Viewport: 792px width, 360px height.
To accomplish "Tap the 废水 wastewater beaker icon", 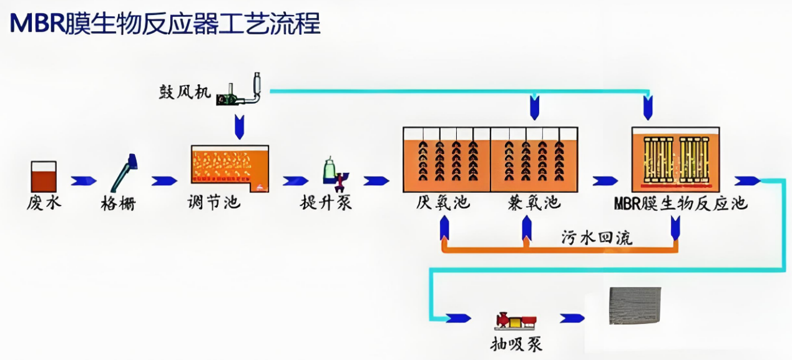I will click(x=44, y=177).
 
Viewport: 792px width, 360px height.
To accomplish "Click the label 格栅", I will click(x=119, y=203).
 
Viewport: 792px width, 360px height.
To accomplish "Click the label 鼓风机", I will click(x=182, y=93).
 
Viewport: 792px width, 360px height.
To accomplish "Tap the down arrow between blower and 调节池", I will click(x=239, y=127).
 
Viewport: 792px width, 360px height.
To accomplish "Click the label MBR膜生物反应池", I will click(x=680, y=204).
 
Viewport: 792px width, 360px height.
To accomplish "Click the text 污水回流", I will click(x=597, y=238).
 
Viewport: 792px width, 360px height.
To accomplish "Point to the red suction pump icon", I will click(x=516, y=321).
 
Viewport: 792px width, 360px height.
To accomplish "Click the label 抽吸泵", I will click(x=516, y=344).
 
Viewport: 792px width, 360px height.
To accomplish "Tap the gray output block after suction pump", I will click(x=634, y=306).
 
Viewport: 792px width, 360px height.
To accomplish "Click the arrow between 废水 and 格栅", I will click(x=83, y=181).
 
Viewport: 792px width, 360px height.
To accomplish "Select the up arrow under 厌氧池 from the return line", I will click(x=444, y=229).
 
